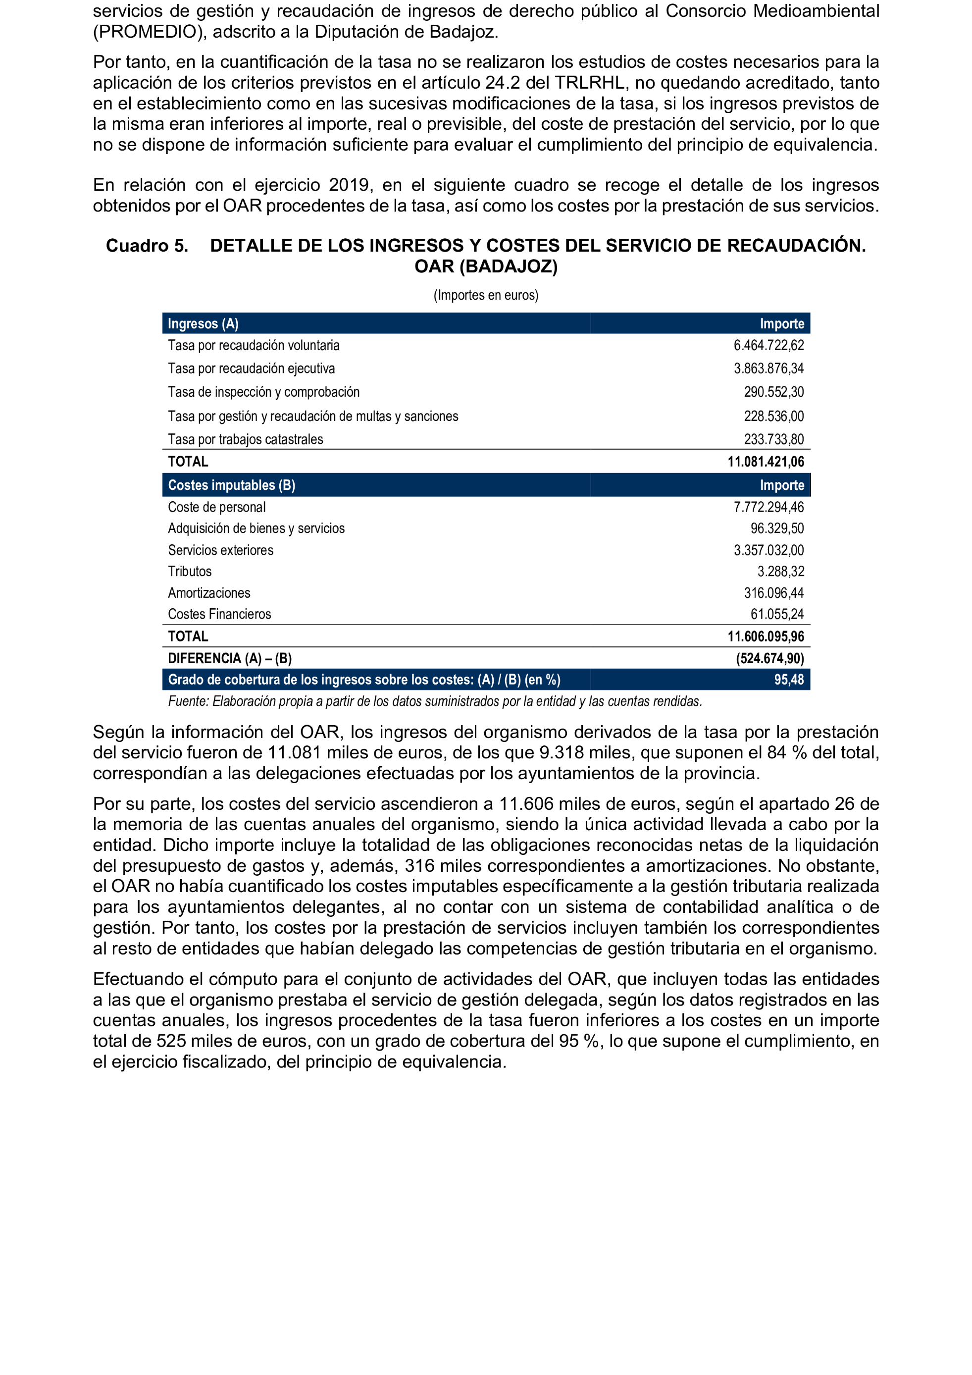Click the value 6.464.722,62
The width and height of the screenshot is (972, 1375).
[768, 346]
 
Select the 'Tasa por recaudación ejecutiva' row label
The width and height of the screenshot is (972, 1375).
[252, 369]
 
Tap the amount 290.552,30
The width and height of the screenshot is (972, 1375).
[773, 392]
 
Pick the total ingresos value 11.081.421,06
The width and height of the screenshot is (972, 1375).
[766, 462]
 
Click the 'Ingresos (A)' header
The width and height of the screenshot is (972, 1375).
[203, 324]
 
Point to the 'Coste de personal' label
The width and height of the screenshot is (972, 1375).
[217, 507]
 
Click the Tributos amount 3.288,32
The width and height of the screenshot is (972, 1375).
[780, 571]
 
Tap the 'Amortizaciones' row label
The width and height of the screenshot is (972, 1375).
[209, 593]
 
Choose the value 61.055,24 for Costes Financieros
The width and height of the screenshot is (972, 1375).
[777, 614]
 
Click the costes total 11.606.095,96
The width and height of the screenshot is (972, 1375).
[766, 636]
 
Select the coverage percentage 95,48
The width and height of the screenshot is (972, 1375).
[789, 680]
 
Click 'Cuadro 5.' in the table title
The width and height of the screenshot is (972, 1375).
[147, 246]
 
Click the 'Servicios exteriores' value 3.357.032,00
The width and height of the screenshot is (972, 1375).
[768, 550]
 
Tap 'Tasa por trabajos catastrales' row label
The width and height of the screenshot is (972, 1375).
[246, 439]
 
